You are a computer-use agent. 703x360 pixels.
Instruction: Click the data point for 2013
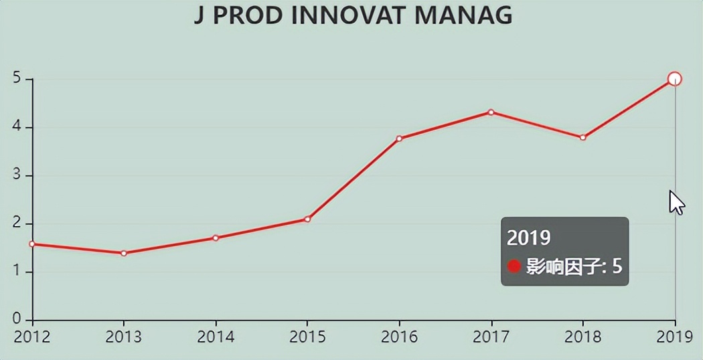click(x=124, y=253)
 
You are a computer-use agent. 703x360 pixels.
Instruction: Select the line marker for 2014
click(x=216, y=238)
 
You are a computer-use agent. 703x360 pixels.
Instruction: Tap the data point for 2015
click(x=307, y=219)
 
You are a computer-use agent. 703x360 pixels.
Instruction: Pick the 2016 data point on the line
click(x=399, y=139)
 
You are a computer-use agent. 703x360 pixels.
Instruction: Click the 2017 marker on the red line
click(x=491, y=112)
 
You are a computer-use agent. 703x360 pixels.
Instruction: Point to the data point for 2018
click(x=582, y=137)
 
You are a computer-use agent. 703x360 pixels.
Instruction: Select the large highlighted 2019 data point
click(x=674, y=79)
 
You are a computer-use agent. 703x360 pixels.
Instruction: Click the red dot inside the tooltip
click(x=514, y=266)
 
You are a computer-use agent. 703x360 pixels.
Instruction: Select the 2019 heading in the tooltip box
click(x=528, y=238)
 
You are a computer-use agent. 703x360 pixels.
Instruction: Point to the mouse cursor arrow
click(x=676, y=201)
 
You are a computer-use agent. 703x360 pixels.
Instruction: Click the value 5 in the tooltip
click(x=617, y=266)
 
